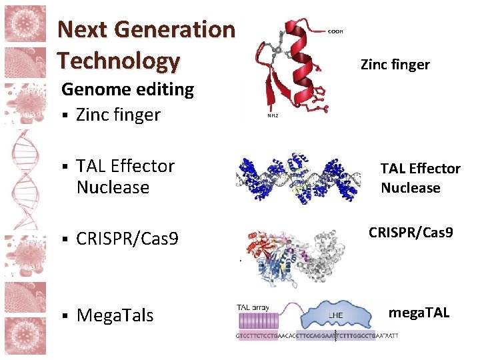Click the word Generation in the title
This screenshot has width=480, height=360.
pyautogui.click(x=175, y=29)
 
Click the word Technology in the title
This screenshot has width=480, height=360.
pyautogui.click(x=119, y=61)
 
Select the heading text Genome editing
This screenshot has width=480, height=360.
pyautogui.click(x=127, y=89)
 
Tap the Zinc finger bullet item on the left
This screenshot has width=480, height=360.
pyautogui.click(x=118, y=115)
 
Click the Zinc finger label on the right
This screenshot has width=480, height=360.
pyautogui.click(x=395, y=65)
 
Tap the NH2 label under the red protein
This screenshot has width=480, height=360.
pyautogui.click(x=273, y=116)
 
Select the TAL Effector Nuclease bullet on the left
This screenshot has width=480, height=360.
pyautogui.click(x=125, y=176)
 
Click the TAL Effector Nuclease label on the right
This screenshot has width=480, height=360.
pyautogui.click(x=420, y=178)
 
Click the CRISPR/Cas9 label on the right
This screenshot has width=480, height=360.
pyautogui.click(x=411, y=233)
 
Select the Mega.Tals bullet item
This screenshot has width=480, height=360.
pyautogui.click(x=115, y=315)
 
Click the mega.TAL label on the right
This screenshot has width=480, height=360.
pyautogui.click(x=419, y=312)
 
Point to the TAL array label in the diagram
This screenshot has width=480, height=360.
pyautogui.click(x=252, y=308)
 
